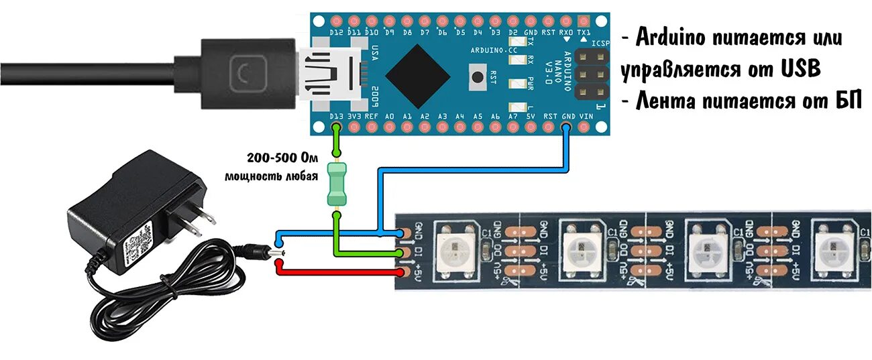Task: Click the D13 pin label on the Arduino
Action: (336, 116)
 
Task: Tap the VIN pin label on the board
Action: (586, 116)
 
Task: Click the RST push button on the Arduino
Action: (478, 76)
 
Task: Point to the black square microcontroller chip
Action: (418, 76)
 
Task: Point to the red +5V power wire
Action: (335, 272)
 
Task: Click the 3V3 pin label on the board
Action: (354, 116)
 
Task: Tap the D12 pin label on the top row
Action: (336, 32)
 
